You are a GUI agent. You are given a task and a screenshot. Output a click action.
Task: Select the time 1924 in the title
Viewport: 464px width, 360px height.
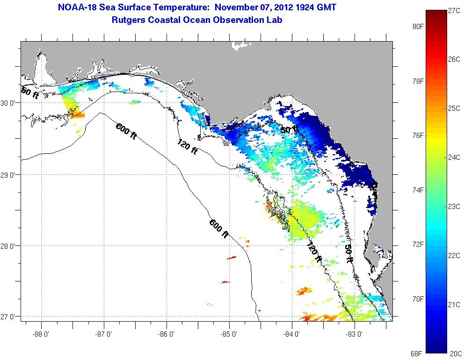[301, 7]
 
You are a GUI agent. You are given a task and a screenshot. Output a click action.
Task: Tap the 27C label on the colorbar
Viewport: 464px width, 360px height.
[454, 11]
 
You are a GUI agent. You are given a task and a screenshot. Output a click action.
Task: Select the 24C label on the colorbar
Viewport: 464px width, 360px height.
[454, 157]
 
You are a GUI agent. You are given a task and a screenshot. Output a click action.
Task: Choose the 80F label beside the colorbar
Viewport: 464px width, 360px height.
[417, 27]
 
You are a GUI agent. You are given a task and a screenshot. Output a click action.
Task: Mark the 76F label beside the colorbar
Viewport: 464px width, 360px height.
[417, 136]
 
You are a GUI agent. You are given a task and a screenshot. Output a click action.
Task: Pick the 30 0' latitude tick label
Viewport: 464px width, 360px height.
[10, 103]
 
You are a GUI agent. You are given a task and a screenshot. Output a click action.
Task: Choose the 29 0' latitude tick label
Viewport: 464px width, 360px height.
[10, 175]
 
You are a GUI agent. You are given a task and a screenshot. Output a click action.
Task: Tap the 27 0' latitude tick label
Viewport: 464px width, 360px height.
[10, 317]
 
